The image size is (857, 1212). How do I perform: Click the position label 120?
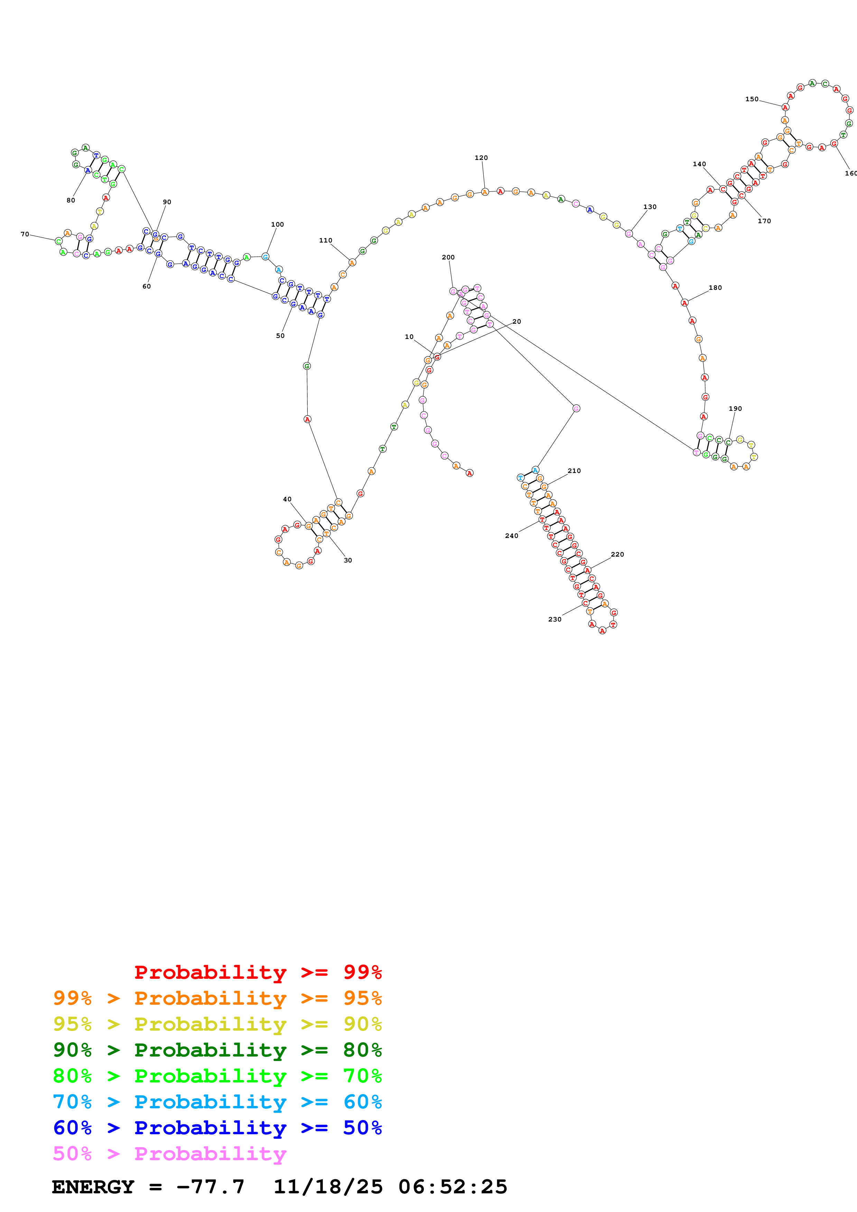481,158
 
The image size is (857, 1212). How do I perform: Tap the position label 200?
448,258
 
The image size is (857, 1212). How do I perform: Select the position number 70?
25,234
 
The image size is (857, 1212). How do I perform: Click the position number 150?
752,99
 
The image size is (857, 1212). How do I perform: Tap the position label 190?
735,409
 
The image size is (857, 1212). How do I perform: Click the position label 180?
715,288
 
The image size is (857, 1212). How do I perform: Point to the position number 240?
511,536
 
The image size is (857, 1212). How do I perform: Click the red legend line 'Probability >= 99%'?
258,972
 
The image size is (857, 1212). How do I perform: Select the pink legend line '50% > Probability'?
169,1153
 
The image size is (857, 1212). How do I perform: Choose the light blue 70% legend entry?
217,1102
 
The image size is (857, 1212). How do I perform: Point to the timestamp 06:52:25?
453,1187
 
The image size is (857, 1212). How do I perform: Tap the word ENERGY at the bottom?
93,1187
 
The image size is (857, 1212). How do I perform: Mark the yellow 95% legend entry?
217,1024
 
